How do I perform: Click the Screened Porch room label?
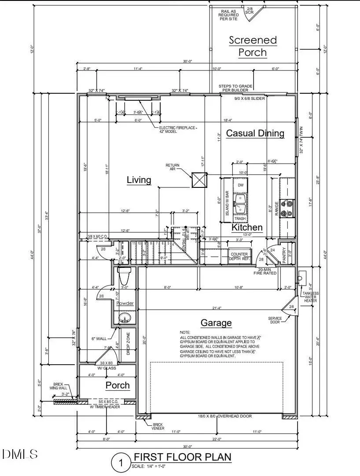(253, 46)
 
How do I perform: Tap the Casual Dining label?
(255, 133)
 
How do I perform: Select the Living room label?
(139, 180)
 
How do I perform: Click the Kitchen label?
(247, 227)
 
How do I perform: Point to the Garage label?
(216, 323)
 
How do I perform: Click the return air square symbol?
(199, 180)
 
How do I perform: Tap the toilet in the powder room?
(124, 276)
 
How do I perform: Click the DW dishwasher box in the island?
(240, 186)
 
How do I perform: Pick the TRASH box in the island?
(240, 218)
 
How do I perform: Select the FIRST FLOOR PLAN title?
(182, 457)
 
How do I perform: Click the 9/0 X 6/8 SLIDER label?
(249, 99)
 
